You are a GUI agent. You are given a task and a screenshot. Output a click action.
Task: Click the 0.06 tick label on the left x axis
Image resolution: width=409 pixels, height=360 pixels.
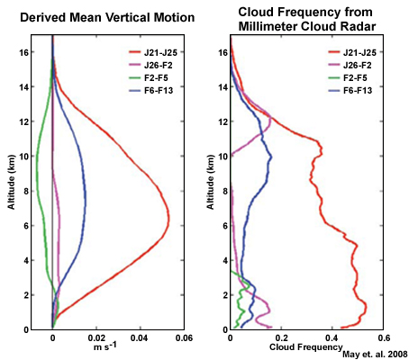183,339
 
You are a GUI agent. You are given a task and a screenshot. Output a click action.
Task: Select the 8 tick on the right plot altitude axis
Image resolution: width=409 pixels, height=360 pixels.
222,191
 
